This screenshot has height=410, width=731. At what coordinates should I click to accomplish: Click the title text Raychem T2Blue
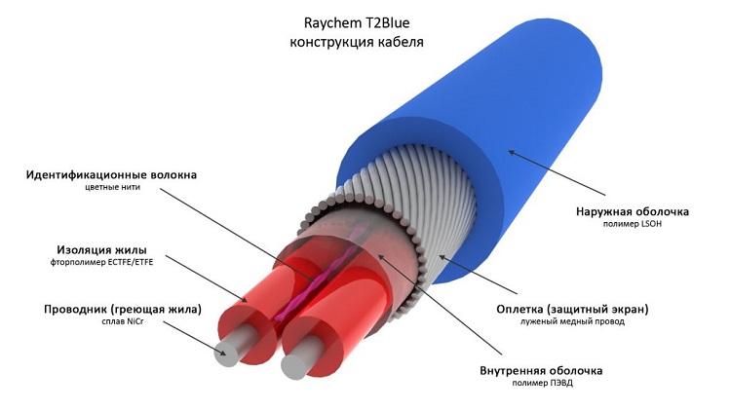click(x=357, y=22)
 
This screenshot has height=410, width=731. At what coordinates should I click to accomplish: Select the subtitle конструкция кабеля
click(x=357, y=42)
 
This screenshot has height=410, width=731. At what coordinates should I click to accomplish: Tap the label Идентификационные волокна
click(x=111, y=174)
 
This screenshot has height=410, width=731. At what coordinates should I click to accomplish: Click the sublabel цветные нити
click(x=112, y=187)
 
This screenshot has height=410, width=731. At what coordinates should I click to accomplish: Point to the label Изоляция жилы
click(x=101, y=249)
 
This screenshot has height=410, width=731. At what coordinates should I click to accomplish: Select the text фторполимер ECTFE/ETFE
click(x=101, y=262)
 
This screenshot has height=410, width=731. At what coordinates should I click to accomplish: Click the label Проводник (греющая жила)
click(x=123, y=309)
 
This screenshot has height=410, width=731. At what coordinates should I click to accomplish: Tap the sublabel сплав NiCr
click(x=123, y=321)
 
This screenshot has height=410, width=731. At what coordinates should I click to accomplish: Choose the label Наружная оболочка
click(x=633, y=211)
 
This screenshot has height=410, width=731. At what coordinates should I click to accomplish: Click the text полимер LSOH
click(x=633, y=224)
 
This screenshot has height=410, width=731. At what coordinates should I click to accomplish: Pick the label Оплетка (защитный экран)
click(x=572, y=309)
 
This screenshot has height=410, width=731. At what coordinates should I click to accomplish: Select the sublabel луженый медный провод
click(x=572, y=321)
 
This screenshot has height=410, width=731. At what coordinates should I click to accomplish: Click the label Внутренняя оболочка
click(x=541, y=371)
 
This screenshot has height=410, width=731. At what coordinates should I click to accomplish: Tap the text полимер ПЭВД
click(x=542, y=384)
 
